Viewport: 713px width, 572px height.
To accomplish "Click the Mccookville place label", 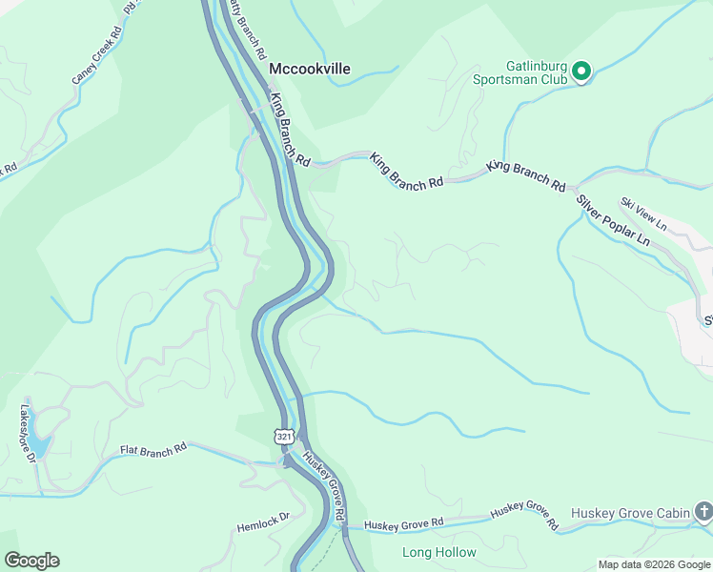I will (309, 69).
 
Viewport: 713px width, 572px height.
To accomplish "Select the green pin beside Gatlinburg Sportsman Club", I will (581, 71).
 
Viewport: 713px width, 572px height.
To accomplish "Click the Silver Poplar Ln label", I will (613, 222).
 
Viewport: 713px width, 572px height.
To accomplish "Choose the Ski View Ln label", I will (642, 212).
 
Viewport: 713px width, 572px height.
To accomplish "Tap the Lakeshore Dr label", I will (27, 435).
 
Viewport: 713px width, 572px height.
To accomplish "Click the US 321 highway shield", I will (283, 437).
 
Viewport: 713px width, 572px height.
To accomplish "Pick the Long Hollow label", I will (438, 553).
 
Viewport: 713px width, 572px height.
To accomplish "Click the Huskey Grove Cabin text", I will (630, 513).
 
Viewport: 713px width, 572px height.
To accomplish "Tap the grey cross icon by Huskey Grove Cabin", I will (703, 512).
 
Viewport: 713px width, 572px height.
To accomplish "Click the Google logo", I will (31, 561).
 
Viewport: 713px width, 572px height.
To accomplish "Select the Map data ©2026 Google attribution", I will (653, 564).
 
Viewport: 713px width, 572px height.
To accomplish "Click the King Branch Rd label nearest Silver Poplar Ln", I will (525, 177).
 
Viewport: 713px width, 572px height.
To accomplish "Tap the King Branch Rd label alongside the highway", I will (290, 128).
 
